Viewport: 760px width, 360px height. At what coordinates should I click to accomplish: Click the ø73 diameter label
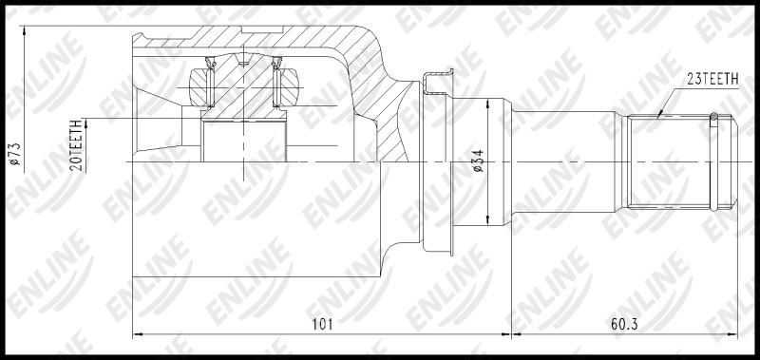click(x=15, y=154)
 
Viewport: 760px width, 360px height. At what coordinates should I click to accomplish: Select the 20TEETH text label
click(x=75, y=145)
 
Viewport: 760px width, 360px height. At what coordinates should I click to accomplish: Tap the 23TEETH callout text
click(x=712, y=80)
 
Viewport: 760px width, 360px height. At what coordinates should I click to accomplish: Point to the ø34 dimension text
click(x=478, y=161)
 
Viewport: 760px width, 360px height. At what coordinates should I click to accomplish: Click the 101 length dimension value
click(x=322, y=324)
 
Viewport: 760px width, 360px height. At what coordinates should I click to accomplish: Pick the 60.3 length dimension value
click(x=624, y=324)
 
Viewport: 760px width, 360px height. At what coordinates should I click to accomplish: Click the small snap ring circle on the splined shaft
click(x=714, y=116)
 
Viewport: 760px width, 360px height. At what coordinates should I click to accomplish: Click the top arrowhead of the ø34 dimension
click(x=487, y=104)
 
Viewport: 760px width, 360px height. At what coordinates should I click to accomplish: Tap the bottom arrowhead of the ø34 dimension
click(x=487, y=220)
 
